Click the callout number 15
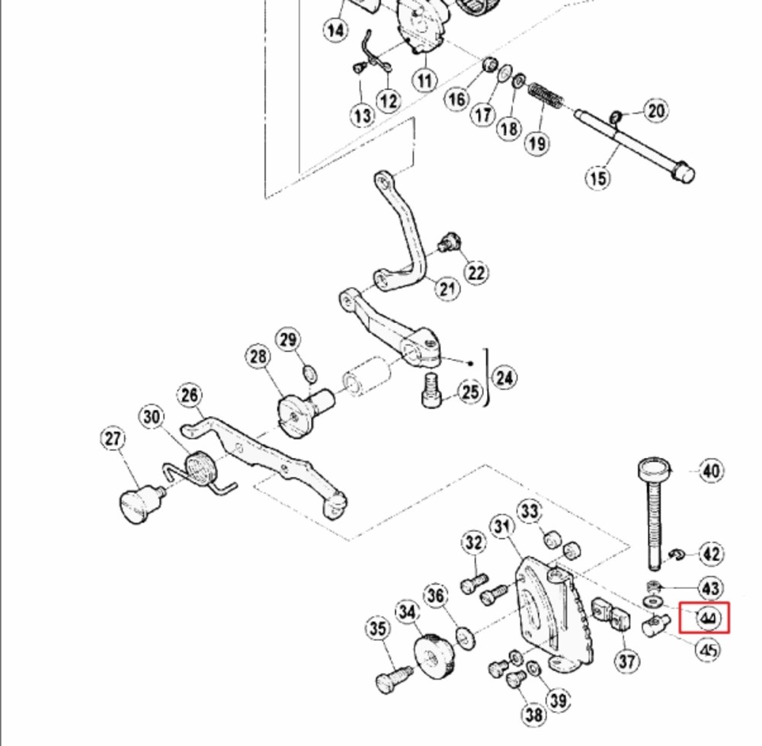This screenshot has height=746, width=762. point(597,178)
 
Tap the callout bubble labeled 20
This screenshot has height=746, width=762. point(655,110)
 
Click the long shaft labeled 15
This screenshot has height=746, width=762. point(635,146)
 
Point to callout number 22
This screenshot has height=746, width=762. point(476,273)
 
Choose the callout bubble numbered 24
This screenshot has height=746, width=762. point(504,378)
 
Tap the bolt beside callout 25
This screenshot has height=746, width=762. point(431,390)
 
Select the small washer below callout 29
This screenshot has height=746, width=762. point(310,374)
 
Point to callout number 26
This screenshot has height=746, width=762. point(190,395)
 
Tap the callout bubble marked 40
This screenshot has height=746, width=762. point(711,471)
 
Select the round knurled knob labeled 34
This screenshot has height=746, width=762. point(434,655)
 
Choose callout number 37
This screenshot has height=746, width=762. point(627,661)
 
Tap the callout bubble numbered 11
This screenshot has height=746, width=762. point(424,80)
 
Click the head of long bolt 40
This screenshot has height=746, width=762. point(654,469)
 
